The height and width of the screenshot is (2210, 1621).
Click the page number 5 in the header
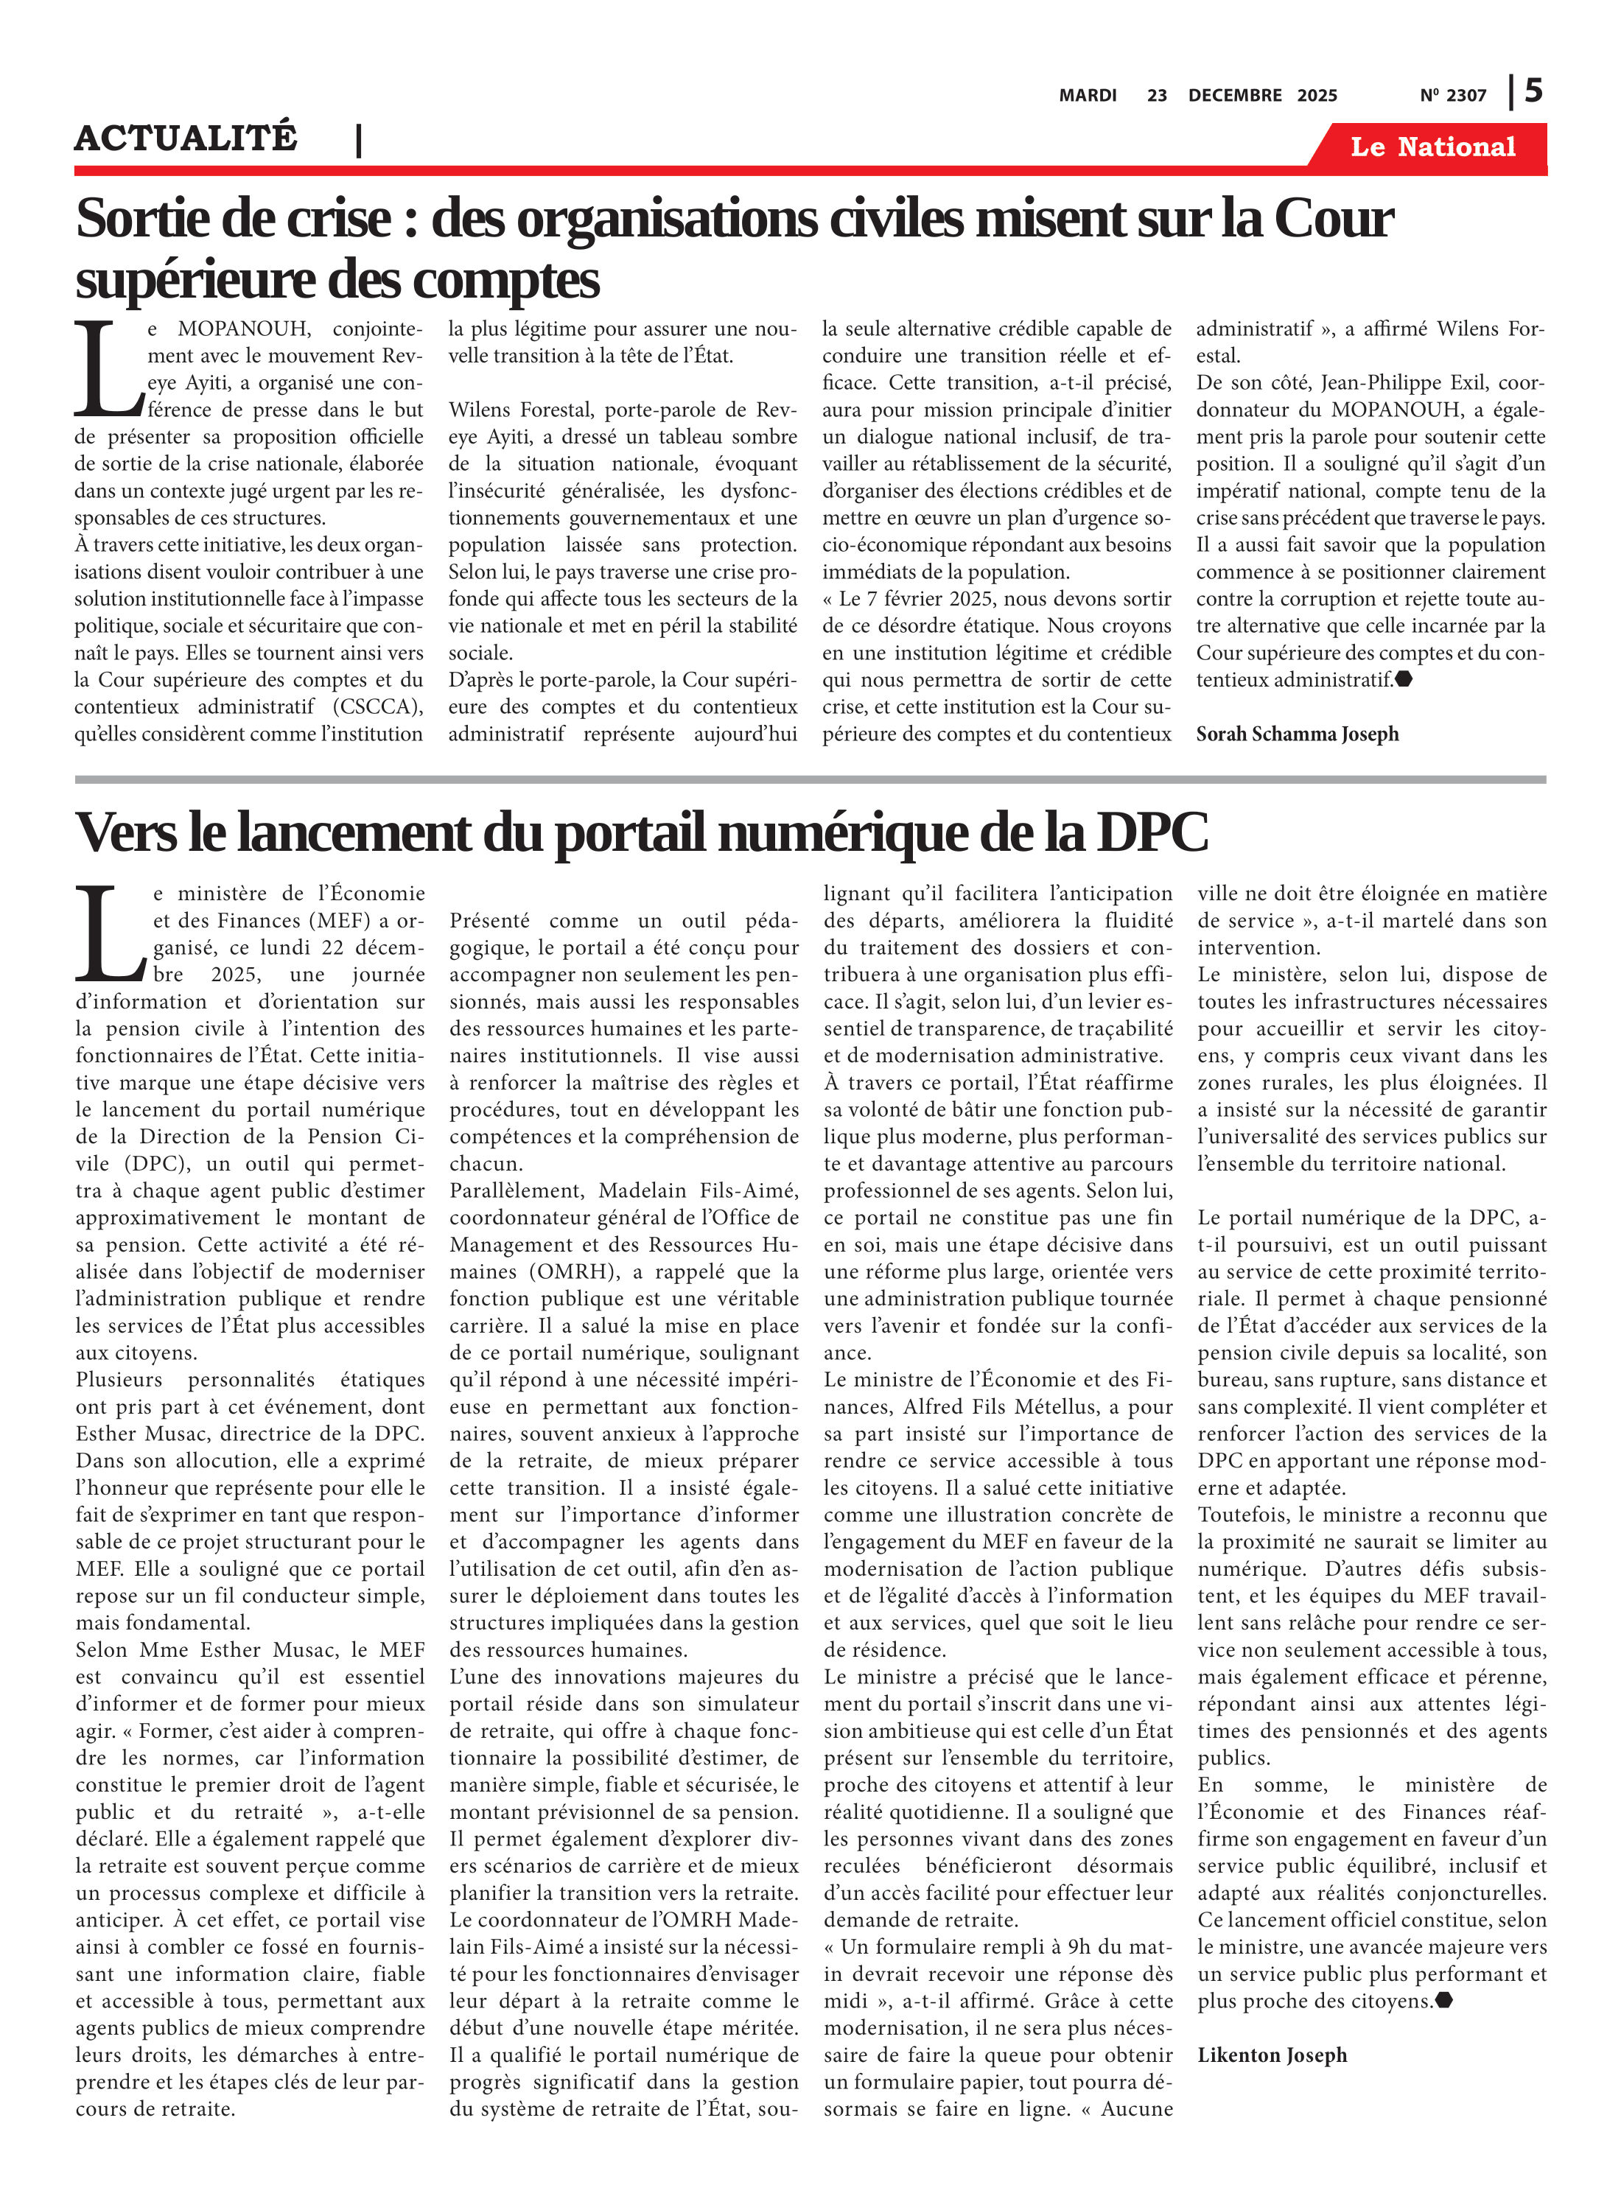(x=1533, y=91)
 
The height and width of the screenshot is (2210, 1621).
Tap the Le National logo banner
(x=1432, y=147)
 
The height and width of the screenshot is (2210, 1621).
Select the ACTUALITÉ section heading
(x=186, y=137)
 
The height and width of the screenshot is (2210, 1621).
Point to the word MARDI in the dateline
(x=1088, y=95)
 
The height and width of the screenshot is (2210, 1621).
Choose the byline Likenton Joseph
(x=1272, y=2055)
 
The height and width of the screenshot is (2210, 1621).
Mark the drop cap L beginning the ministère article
(x=110, y=934)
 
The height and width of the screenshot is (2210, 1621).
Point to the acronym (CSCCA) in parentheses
(x=378, y=706)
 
